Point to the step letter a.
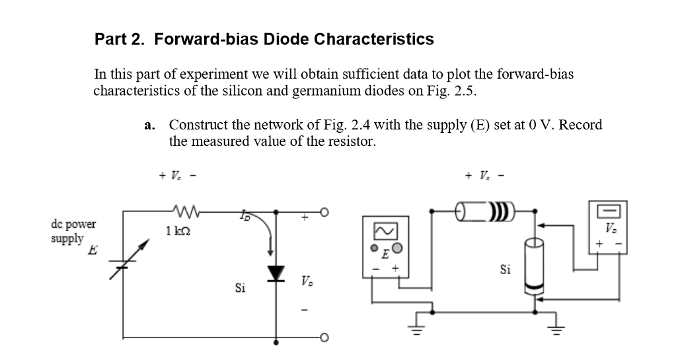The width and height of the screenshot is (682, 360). click(x=149, y=125)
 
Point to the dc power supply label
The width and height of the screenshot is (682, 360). click(x=73, y=231)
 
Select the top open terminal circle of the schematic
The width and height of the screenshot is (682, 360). click(x=324, y=212)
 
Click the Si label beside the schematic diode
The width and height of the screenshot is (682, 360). click(x=241, y=288)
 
